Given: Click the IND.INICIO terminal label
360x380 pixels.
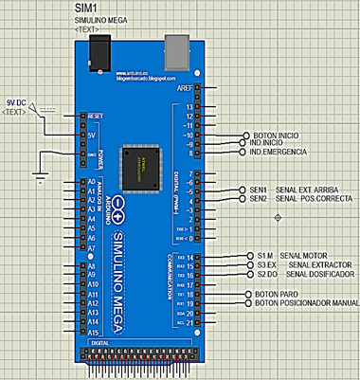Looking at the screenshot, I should click(x=268, y=143).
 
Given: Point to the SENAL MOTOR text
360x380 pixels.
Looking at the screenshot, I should click(x=304, y=256).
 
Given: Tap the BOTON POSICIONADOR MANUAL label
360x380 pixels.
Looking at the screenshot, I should click(x=306, y=303).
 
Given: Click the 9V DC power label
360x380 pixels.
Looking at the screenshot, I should click(x=16, y=102).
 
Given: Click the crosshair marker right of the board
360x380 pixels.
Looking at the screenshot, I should click(x=278, y=218).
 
